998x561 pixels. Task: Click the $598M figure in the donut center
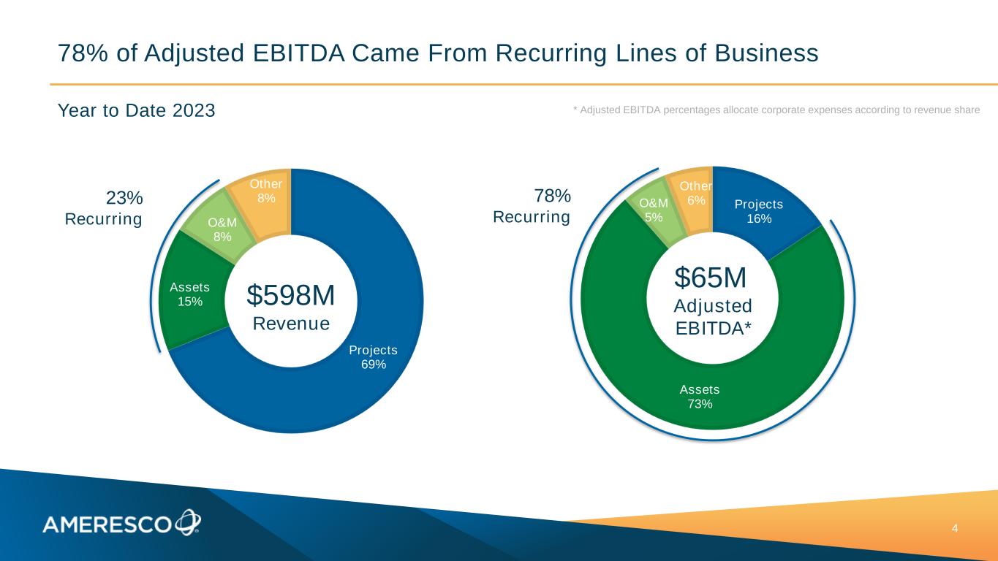291,295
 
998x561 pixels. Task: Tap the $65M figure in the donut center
711,278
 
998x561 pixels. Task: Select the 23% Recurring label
113,208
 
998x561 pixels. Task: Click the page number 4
954,528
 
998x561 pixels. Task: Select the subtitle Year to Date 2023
137,111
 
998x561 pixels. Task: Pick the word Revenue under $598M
291,323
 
